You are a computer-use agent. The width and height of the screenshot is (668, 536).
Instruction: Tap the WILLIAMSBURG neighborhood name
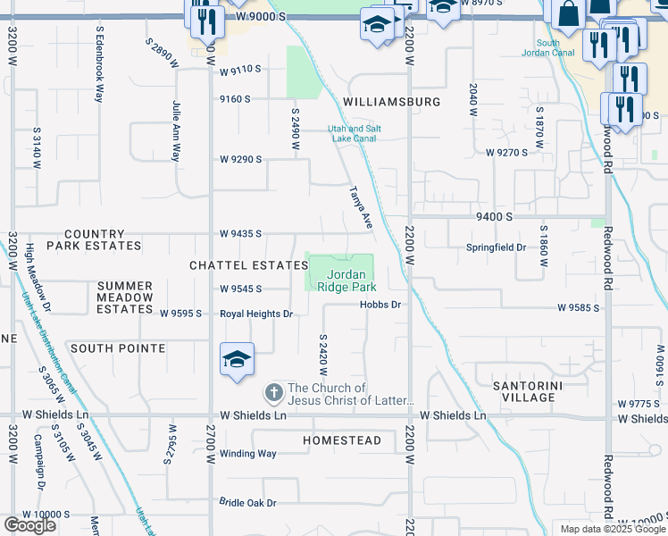pyautogui.click(x=391, y=102)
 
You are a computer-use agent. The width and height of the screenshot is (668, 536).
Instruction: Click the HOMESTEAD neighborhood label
pyautogui.click(x=341, y=440)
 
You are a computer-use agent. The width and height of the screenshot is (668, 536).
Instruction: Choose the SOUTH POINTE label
pyautogui.click(x=118, y=348)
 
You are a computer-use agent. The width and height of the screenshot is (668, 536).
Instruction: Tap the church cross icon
pyautogui.click(x=274, y=392)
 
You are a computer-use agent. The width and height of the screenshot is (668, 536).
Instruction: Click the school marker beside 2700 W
pyautogui.click(x=237, y=360)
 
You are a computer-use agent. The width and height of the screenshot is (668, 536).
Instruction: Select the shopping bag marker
pyautogui.click(x=568, y=14)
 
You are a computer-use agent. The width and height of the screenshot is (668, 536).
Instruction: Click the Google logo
pyautogui.click(x=29, y=525)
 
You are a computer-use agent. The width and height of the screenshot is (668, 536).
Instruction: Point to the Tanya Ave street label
pyautogui.click(x=360, y=208)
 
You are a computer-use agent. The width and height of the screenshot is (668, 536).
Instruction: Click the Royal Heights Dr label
pyautogui.click(x=256, y=314)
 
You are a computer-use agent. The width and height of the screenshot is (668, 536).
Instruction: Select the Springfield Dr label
pyautogui.click(x=496, y=247)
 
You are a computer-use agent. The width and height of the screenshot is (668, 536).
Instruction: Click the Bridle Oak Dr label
pyautogui.click(x=248, y=503)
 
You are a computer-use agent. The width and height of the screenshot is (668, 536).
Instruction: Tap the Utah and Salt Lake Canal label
pyautogui.click(x=354, y=134)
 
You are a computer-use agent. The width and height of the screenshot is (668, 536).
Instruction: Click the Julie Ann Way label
pyautogui.click(x=176, y=130)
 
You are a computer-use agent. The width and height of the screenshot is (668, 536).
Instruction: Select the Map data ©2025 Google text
pyautogui.click(x=612, y=528)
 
